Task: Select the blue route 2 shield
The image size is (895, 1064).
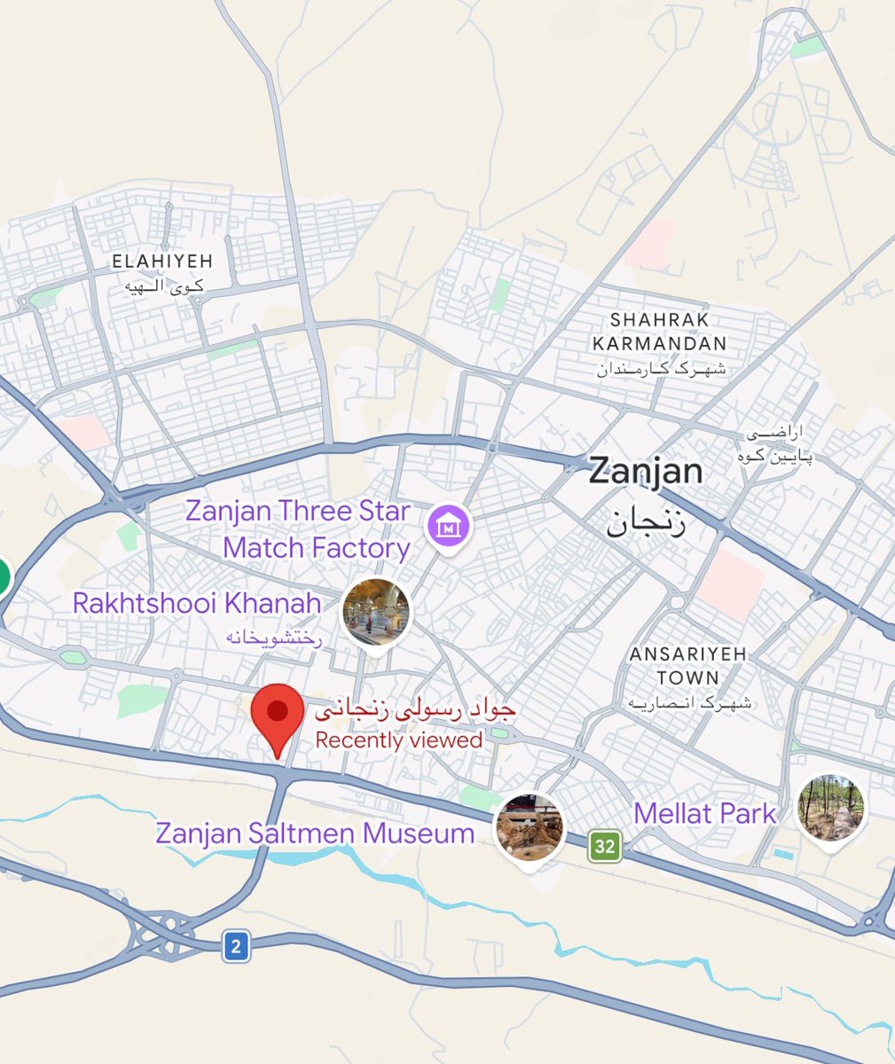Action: pyautogui.click(x=235, y=946)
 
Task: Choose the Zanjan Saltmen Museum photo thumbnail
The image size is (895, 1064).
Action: pyautogui.click(x=529, y=827)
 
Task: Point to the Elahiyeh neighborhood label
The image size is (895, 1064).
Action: pyautogui.click(x=162, y=261)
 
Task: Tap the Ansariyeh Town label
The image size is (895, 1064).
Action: pyautogui.click(x=688, y=666)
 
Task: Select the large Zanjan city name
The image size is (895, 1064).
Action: pyautogui.click(x=647, y=471)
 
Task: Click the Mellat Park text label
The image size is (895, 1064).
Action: pyautogui.click(x=705, y=814)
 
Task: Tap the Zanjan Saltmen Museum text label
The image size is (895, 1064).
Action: pyautogui.click(x=315, y=833)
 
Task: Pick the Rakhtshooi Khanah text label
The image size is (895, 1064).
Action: pyautogui.click(x=197, y=604)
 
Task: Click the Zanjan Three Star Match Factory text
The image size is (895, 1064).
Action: pyautogui.click(x=298, y=529)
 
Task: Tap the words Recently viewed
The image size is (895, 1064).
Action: pyautogui.click(x=399, y=740)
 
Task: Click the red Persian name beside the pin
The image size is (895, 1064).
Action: pyautogui.click(x=415, y=711)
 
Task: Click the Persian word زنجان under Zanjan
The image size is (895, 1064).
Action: pyautogui.click(x=646, y=520)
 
